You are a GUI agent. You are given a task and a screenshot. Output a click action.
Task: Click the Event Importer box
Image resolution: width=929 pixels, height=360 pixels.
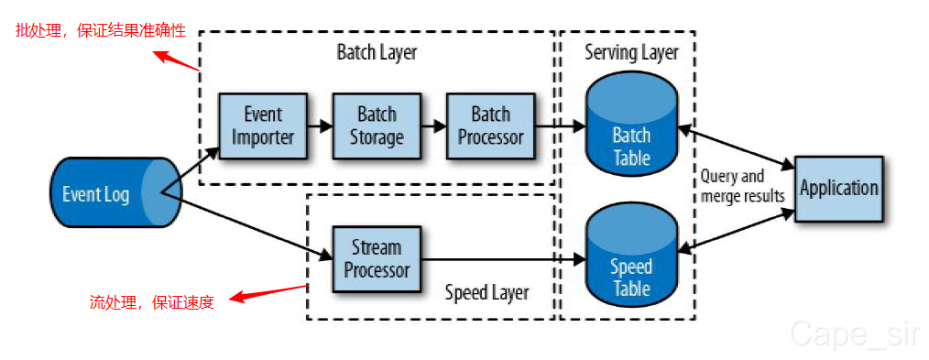262,125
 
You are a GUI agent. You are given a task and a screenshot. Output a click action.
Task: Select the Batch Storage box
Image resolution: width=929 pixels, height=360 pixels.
377,125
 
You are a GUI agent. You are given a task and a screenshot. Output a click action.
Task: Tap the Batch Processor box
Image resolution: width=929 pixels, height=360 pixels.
490,125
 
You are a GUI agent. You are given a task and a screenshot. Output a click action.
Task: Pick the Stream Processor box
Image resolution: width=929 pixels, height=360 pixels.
377,258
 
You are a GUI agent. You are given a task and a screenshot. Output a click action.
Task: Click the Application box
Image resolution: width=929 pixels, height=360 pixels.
839,189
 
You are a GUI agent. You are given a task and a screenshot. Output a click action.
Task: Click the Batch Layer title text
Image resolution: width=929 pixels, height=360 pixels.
377,52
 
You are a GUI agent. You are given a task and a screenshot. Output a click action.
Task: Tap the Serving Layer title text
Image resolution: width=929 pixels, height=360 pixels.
631,52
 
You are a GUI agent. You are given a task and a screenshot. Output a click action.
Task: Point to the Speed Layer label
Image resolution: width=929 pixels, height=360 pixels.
487,292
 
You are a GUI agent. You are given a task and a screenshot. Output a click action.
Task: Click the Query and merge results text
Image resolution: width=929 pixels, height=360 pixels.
742,186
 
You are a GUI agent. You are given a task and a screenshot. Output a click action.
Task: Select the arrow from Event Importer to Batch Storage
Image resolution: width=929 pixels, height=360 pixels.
320,125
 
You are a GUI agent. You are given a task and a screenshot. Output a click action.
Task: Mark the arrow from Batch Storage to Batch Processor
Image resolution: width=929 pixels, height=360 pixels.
433,125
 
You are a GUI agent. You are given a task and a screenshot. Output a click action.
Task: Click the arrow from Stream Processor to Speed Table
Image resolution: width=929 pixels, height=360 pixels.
504,258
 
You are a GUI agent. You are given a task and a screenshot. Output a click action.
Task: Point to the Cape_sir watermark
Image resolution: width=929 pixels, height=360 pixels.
855,334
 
